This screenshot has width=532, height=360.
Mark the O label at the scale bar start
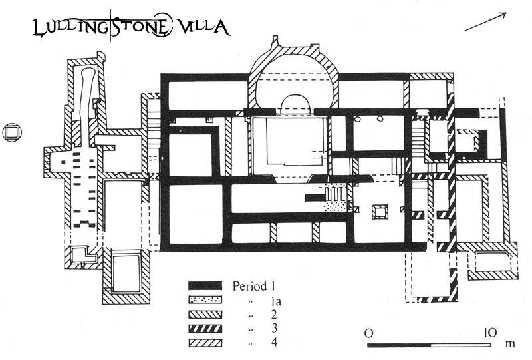coord(368,332)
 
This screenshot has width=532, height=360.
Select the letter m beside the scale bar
coord(511,345)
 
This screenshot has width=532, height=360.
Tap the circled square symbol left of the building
coord(11,133)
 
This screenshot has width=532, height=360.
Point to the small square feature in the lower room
coord(380,212)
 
